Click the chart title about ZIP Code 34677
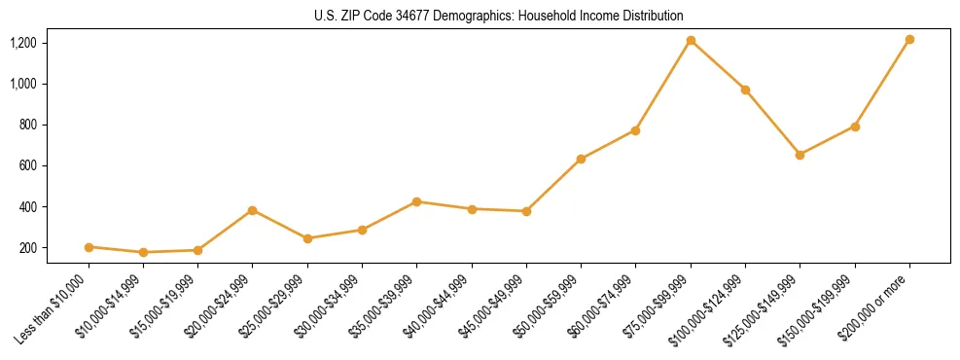(x=499, y=16)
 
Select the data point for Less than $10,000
(x=89, y=247)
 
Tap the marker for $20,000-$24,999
(x=253, y=210)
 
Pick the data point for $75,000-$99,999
(x=691, y=41)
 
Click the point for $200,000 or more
(x=909, y=40)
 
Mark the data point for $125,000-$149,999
(x=800, y=155)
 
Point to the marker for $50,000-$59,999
(x=581, y=159)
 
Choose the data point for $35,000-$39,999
(x=416, y=201)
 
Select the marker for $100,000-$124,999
(x=745, y=90)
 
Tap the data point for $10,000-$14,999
(x=143, y=252)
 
